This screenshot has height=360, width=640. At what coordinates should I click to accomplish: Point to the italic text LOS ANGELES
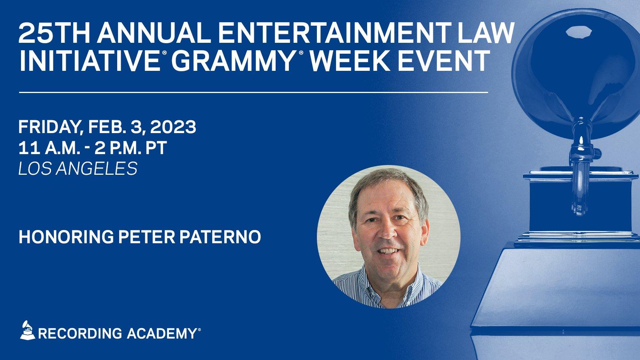(x=78, y=169)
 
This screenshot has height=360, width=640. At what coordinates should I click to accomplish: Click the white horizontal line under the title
(x=253, y=93)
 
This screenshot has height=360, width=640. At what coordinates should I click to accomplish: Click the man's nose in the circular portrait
(x=385, y=232)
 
